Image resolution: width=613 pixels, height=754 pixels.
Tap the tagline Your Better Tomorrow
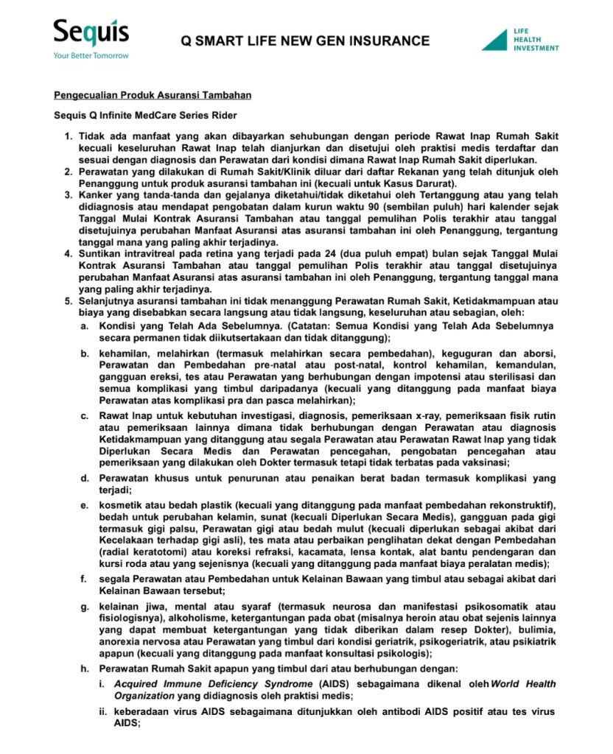point(91,56)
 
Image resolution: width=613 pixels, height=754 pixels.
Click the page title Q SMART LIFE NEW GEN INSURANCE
point(305,40)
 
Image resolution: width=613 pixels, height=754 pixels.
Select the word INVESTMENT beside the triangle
point(536,48)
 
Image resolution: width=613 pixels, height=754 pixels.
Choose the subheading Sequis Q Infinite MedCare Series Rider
point(145,116)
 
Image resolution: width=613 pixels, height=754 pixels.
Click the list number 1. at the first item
point(68,137)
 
